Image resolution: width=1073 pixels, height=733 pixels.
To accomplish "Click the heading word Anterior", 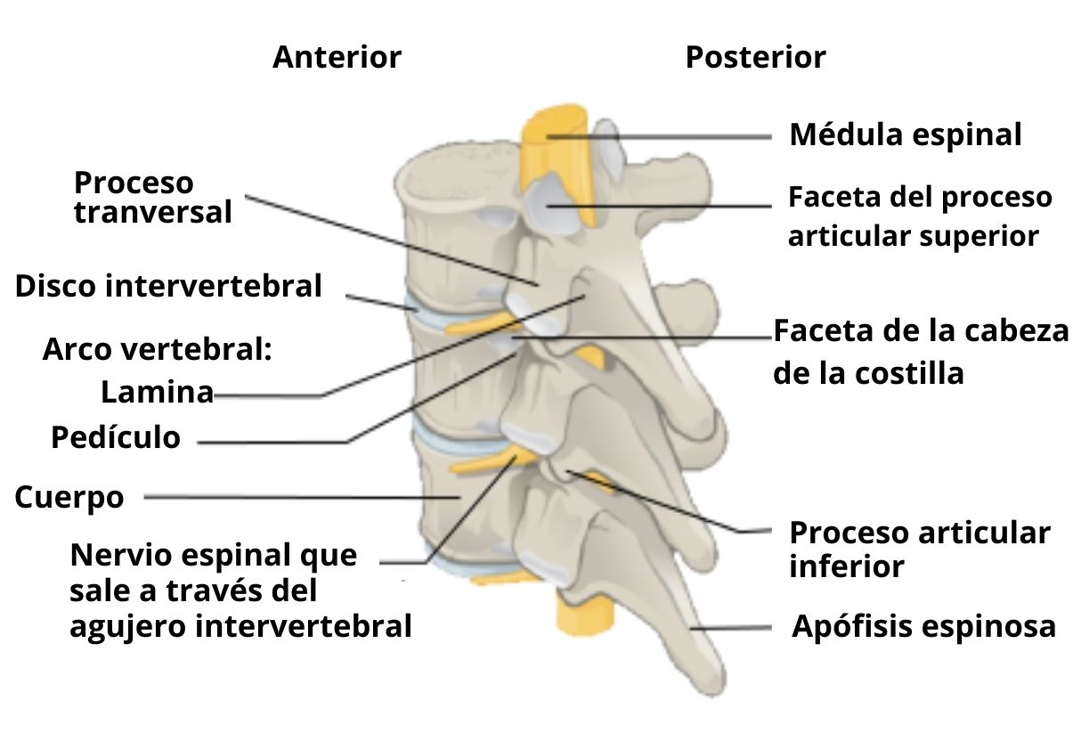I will [337, 58].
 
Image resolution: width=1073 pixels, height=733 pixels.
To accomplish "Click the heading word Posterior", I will [755, 58].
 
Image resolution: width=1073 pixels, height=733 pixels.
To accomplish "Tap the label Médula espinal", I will [906, 135].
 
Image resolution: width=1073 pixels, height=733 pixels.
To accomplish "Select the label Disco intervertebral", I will [168, 287].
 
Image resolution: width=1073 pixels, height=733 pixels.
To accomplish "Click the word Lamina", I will [157, 392].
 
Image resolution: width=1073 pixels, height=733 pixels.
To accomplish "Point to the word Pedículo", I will [116, 437].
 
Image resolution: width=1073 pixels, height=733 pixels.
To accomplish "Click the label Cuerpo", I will [69, 497].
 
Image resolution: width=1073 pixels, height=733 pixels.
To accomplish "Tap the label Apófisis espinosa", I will [923, 627].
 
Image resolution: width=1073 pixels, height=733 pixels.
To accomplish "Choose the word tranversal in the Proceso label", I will [152, 213].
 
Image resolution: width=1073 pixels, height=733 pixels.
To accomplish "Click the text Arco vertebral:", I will [157, 349].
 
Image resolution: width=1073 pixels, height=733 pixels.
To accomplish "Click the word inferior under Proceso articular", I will [846, 566].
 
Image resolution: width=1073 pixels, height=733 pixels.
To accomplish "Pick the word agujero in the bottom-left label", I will [127, 626].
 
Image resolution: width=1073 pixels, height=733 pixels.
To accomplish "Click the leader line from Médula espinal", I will [677, 137].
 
